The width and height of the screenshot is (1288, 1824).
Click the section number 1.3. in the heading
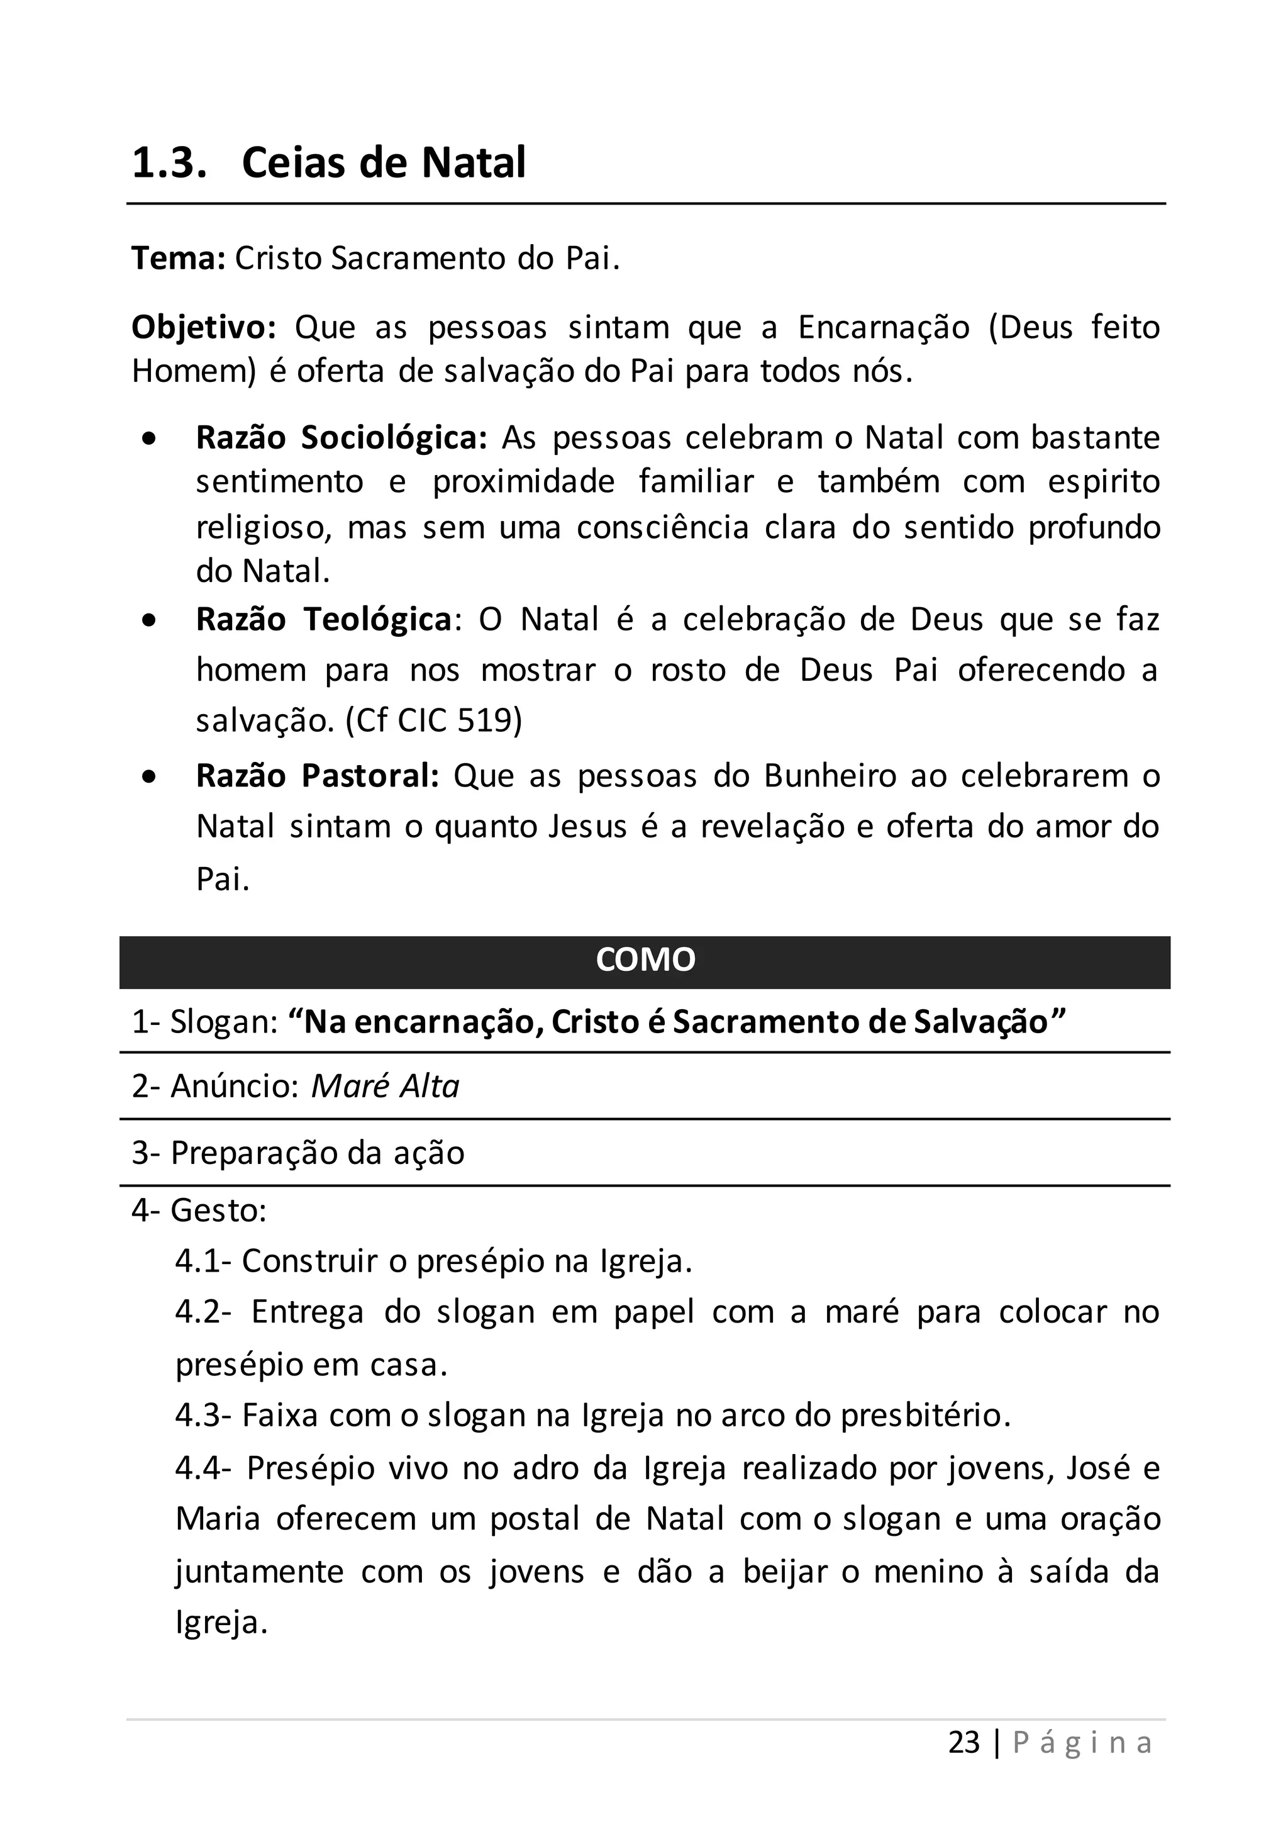coord(169,163)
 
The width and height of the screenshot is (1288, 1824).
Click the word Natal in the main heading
coord(474,163)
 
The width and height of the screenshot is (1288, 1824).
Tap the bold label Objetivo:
coord(203,327)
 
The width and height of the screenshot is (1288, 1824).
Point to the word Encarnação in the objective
coord(883,327)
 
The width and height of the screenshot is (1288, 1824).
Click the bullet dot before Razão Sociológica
coord(149,439)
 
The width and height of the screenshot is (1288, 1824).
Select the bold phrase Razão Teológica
coord(324,620)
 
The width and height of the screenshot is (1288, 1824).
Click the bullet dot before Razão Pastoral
coord(149,777)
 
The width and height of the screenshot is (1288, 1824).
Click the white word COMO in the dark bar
coord(645,960)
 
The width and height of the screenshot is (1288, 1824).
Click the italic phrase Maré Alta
coord(385,1086)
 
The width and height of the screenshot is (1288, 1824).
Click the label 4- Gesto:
coord(199,1211)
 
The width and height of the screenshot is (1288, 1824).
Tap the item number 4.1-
coord(203,1262)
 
